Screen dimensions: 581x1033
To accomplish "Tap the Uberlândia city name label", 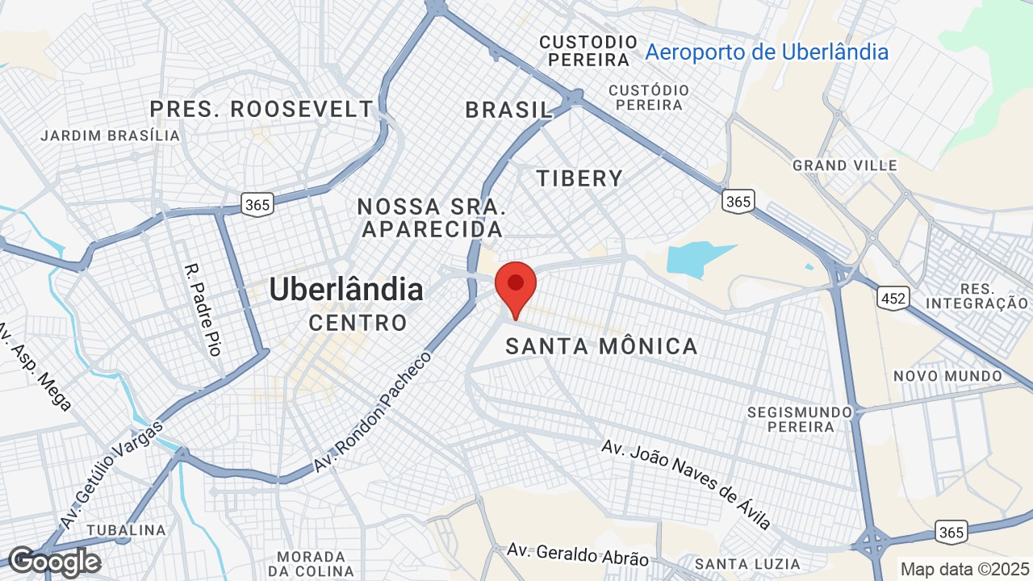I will click(x=346, y=289).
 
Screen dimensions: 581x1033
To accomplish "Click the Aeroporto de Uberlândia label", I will click(x=767, y=52).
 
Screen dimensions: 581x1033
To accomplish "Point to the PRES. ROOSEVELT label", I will click(x=262, y=109).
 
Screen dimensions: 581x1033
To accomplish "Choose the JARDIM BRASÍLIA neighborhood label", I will click(x=111, y=136).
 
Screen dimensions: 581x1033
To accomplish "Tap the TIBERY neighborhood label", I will click(x=580, y=178).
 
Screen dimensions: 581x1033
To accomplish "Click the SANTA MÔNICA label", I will click(x=601, y=347).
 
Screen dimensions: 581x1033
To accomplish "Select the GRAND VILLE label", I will click(x=845, y=165).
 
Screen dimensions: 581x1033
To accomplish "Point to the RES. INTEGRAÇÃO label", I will click(x=977, y=296).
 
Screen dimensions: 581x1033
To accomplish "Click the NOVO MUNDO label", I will click(x=947, y=376).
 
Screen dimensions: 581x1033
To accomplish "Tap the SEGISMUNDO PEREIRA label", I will click(x=800, y=419).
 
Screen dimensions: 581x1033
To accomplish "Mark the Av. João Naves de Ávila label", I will click(x=686, y=483).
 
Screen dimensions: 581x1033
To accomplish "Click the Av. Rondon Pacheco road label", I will click(x=374, y=412).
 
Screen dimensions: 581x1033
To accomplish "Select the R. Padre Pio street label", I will click(x=203, y=310).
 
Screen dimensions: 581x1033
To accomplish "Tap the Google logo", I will click(x=53, y=562).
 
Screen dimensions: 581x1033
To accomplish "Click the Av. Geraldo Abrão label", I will click(x=578, y=554).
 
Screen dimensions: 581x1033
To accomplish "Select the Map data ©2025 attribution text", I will click(x=964, y=568).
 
